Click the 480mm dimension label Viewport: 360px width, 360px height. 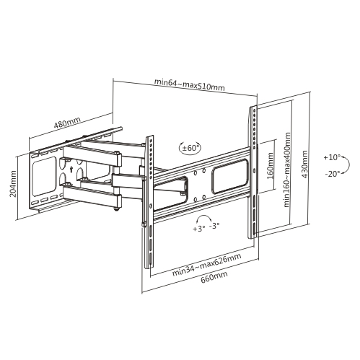click(x=67, y=123)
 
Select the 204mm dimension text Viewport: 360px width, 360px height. click(x=13, y=184)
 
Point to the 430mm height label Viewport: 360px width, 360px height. click(x=304, y=164)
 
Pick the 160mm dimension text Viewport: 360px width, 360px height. click(x=270, y=165)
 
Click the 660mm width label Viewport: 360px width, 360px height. click(x=214, y=277)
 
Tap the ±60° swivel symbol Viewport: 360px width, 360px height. click(x=190, y=148)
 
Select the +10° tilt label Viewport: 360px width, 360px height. click(x=332, y=157)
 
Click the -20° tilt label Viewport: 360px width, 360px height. click(x=333, y=174)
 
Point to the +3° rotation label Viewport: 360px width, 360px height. click(x=199, y=229)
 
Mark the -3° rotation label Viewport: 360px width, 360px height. click(x=214, y=226)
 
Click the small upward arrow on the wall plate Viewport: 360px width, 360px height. click(x=71, y=169)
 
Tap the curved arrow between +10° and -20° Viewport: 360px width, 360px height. click(x=348, y=164)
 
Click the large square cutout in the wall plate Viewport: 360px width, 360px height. click(x=44, y=176)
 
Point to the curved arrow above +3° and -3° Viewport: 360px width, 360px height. click(x=204, y=218)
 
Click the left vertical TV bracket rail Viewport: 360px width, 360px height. click(x=149, y=201)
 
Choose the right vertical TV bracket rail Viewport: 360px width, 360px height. click(x=253, y=172)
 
